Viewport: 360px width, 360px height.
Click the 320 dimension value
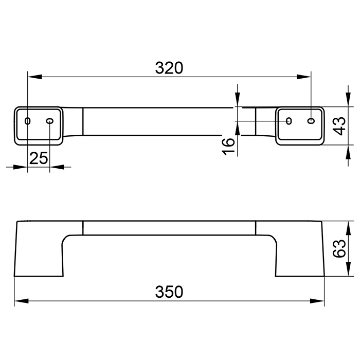tap(169, 68)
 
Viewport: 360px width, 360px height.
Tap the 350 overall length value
tap(169, 292)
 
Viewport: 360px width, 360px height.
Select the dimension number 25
tap(39, 158)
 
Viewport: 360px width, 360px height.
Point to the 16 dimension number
tap(229, 147)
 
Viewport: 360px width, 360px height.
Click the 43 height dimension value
tap(339, 126)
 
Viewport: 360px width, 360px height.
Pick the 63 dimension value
tap(339, 248)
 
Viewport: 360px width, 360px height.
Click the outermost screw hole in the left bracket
tap(28, 121)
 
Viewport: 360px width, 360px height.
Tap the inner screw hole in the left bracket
tap(50, 121)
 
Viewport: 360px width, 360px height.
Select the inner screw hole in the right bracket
tap(289, 121)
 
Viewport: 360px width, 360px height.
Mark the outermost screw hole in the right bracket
tap(311, 121)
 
